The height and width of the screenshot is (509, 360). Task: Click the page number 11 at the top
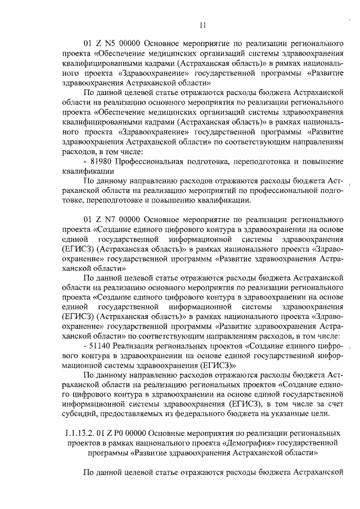(203, 24)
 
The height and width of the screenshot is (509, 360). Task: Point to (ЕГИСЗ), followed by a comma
(249, 404)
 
